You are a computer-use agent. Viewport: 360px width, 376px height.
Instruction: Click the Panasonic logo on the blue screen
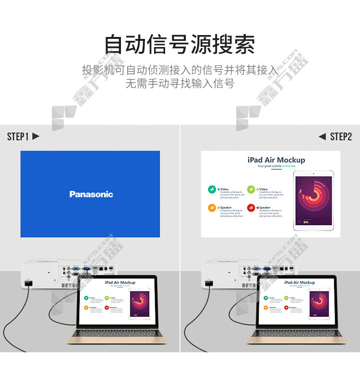[91, 194]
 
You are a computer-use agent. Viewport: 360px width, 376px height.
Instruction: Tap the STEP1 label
[18, 137]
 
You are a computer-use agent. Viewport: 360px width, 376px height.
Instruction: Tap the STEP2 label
[341, 137]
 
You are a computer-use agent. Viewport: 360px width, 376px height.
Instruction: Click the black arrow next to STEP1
[36, 137]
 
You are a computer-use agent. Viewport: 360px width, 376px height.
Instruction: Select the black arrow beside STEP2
[322, 137]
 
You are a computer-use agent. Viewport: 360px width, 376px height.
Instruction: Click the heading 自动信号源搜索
[180, 44]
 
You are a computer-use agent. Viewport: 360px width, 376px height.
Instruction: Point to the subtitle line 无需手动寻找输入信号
[180, 84]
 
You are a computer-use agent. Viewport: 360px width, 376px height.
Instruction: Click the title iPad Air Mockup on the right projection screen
[276, 160]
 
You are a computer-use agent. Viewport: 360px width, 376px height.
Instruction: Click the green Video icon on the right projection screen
[212, 190]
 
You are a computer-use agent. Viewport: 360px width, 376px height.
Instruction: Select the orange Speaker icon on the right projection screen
[212, 208]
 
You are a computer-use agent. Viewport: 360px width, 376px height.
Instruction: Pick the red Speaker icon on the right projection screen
[251, 208]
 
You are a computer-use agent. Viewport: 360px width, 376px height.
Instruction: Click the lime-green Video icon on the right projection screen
[251, 190]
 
